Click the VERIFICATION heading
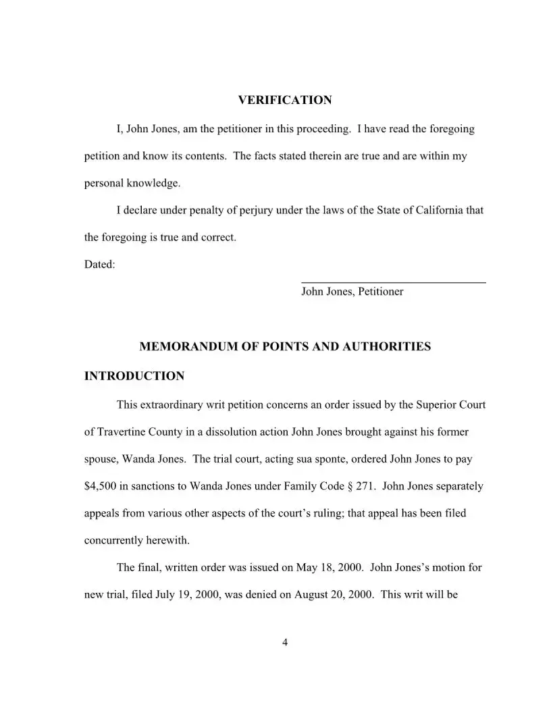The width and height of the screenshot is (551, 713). pos(285,101)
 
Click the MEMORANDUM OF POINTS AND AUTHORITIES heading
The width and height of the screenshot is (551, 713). pos(284,347)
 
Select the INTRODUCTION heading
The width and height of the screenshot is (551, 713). pos(134,376)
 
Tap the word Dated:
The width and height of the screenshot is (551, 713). pos(100,265)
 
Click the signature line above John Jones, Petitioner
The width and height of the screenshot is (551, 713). pos(393,282)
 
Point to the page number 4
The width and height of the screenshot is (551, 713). pos(285,642)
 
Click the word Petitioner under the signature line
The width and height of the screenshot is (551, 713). pos(380,292)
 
